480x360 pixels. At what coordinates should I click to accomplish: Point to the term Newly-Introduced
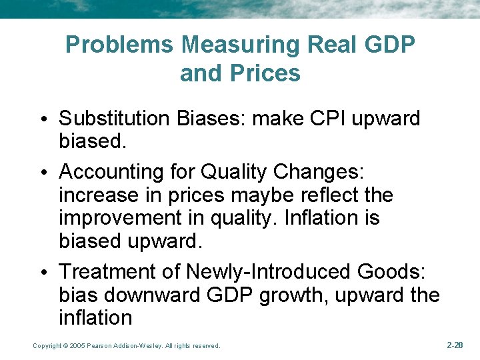269,272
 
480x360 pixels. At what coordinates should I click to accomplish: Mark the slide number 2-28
455,345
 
